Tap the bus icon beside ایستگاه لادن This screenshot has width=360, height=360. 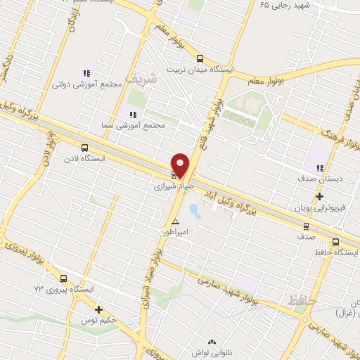coord(85,148)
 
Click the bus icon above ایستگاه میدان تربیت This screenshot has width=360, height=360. coord(200,59)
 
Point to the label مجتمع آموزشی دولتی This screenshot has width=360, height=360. coord(87,84)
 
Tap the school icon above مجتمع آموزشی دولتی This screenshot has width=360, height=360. coord(87,73)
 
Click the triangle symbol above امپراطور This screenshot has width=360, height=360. coord(175,221)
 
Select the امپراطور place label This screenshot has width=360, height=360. coord(175,231)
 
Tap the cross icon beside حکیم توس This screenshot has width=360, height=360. coord(99,309)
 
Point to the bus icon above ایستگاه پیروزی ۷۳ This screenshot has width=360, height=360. coord(63,278)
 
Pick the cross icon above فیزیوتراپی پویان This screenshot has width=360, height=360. coord(319,197)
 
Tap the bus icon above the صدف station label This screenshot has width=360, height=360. coord(305,226)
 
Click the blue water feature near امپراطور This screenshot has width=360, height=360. coord(193,210)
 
